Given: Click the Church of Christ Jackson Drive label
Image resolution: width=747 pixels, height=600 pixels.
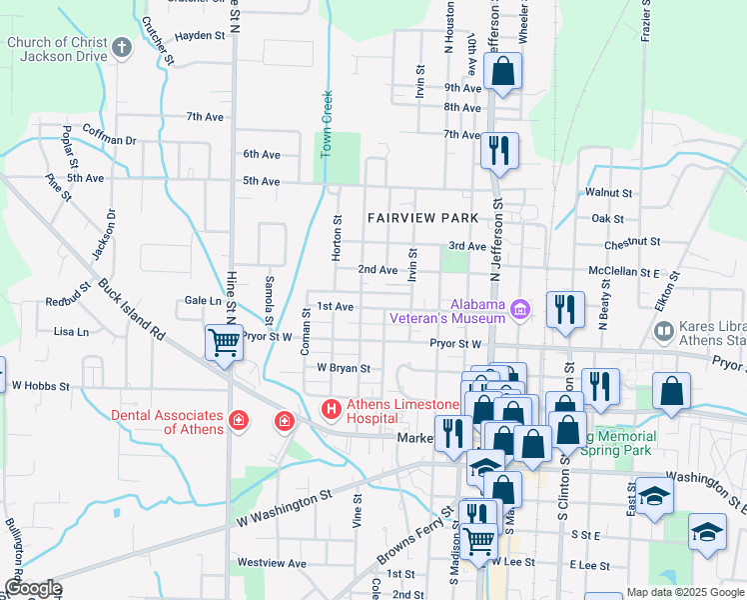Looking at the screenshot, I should pyautogui.click(x=56, y=49).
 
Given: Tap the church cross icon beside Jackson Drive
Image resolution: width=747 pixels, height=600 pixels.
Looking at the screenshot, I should pyautogui.click(x=122, y=48).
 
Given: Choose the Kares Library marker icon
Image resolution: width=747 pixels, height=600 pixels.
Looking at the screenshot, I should pyautogui.click(x=662, y=330).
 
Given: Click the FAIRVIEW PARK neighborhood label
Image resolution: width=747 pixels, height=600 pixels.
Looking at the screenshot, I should pyautogui.click(x=422, y=218).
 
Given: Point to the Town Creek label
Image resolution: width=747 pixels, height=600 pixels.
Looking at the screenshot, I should pyautogui.click(x=326, y=124).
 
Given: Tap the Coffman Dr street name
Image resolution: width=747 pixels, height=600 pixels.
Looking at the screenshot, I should pyautogui.click(x=110, y=141).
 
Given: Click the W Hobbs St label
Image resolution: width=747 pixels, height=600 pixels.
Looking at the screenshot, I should pyautogui.click(x=40, y=385).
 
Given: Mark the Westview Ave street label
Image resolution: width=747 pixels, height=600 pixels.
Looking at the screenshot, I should pyautogui.click(x=271, y=563).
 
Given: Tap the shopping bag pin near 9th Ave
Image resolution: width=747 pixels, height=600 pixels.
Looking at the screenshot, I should pyautogui.click(x=502, y=71).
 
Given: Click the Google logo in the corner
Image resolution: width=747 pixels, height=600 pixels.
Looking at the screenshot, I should pyautogui.click(x=33, y=587).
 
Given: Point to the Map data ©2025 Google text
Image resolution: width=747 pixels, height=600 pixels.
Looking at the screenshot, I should pyautogui.click(x=685, y=592).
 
